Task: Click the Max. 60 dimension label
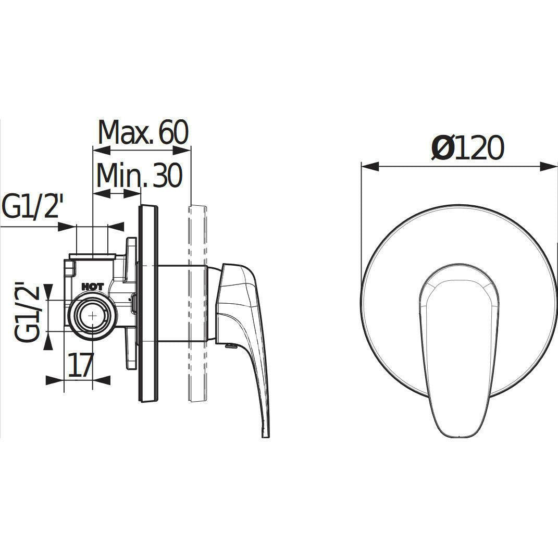[x=143, y=132]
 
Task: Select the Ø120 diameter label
[x=468, y=147]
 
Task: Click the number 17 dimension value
[x=81, y=365]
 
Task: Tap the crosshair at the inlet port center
[x=93, y=315]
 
